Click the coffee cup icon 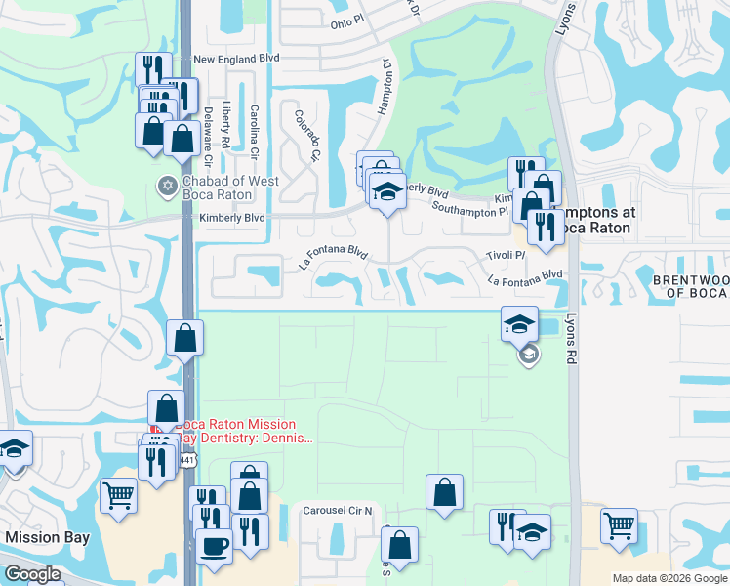(214, 546)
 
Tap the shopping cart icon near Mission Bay (118, 496)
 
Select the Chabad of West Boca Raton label (231, 188)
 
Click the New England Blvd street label (236, 59)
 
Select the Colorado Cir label (307, 136)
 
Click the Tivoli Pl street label (506, 255)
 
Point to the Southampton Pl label (469, 209)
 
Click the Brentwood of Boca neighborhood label (691, 287)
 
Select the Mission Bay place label (47, 537)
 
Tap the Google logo (32, 574)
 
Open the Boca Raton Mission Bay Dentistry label (246, 432)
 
